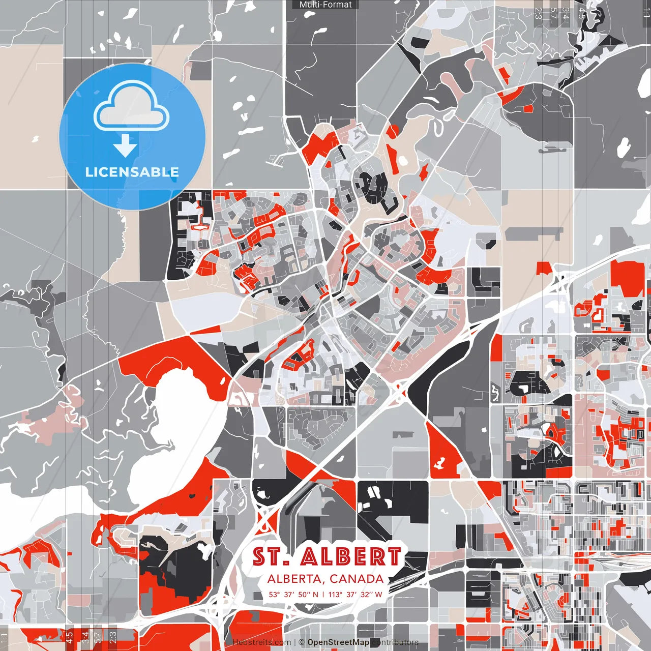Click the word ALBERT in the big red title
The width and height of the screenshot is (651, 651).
(350, 557)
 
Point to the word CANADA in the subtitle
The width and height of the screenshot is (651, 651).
(357, 579)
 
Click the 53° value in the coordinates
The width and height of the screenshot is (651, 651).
(275, 594)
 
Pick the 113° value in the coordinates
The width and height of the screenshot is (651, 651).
(335, 594)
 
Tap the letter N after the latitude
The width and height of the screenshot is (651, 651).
(316, 594)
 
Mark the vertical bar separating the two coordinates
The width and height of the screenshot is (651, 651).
(323, 594)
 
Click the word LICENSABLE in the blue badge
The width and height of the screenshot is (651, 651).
(132, 172)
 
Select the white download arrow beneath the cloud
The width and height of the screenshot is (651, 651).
(125, 145)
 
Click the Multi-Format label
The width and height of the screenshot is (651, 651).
(325, 5)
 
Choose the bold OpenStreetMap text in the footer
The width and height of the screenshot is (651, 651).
(338, 642)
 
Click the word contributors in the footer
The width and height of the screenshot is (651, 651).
(395, 642)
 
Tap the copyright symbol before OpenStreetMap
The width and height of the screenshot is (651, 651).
(302, 642)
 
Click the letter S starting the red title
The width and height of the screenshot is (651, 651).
(260, 557)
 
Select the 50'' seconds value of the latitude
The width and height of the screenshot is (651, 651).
(304, 594)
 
